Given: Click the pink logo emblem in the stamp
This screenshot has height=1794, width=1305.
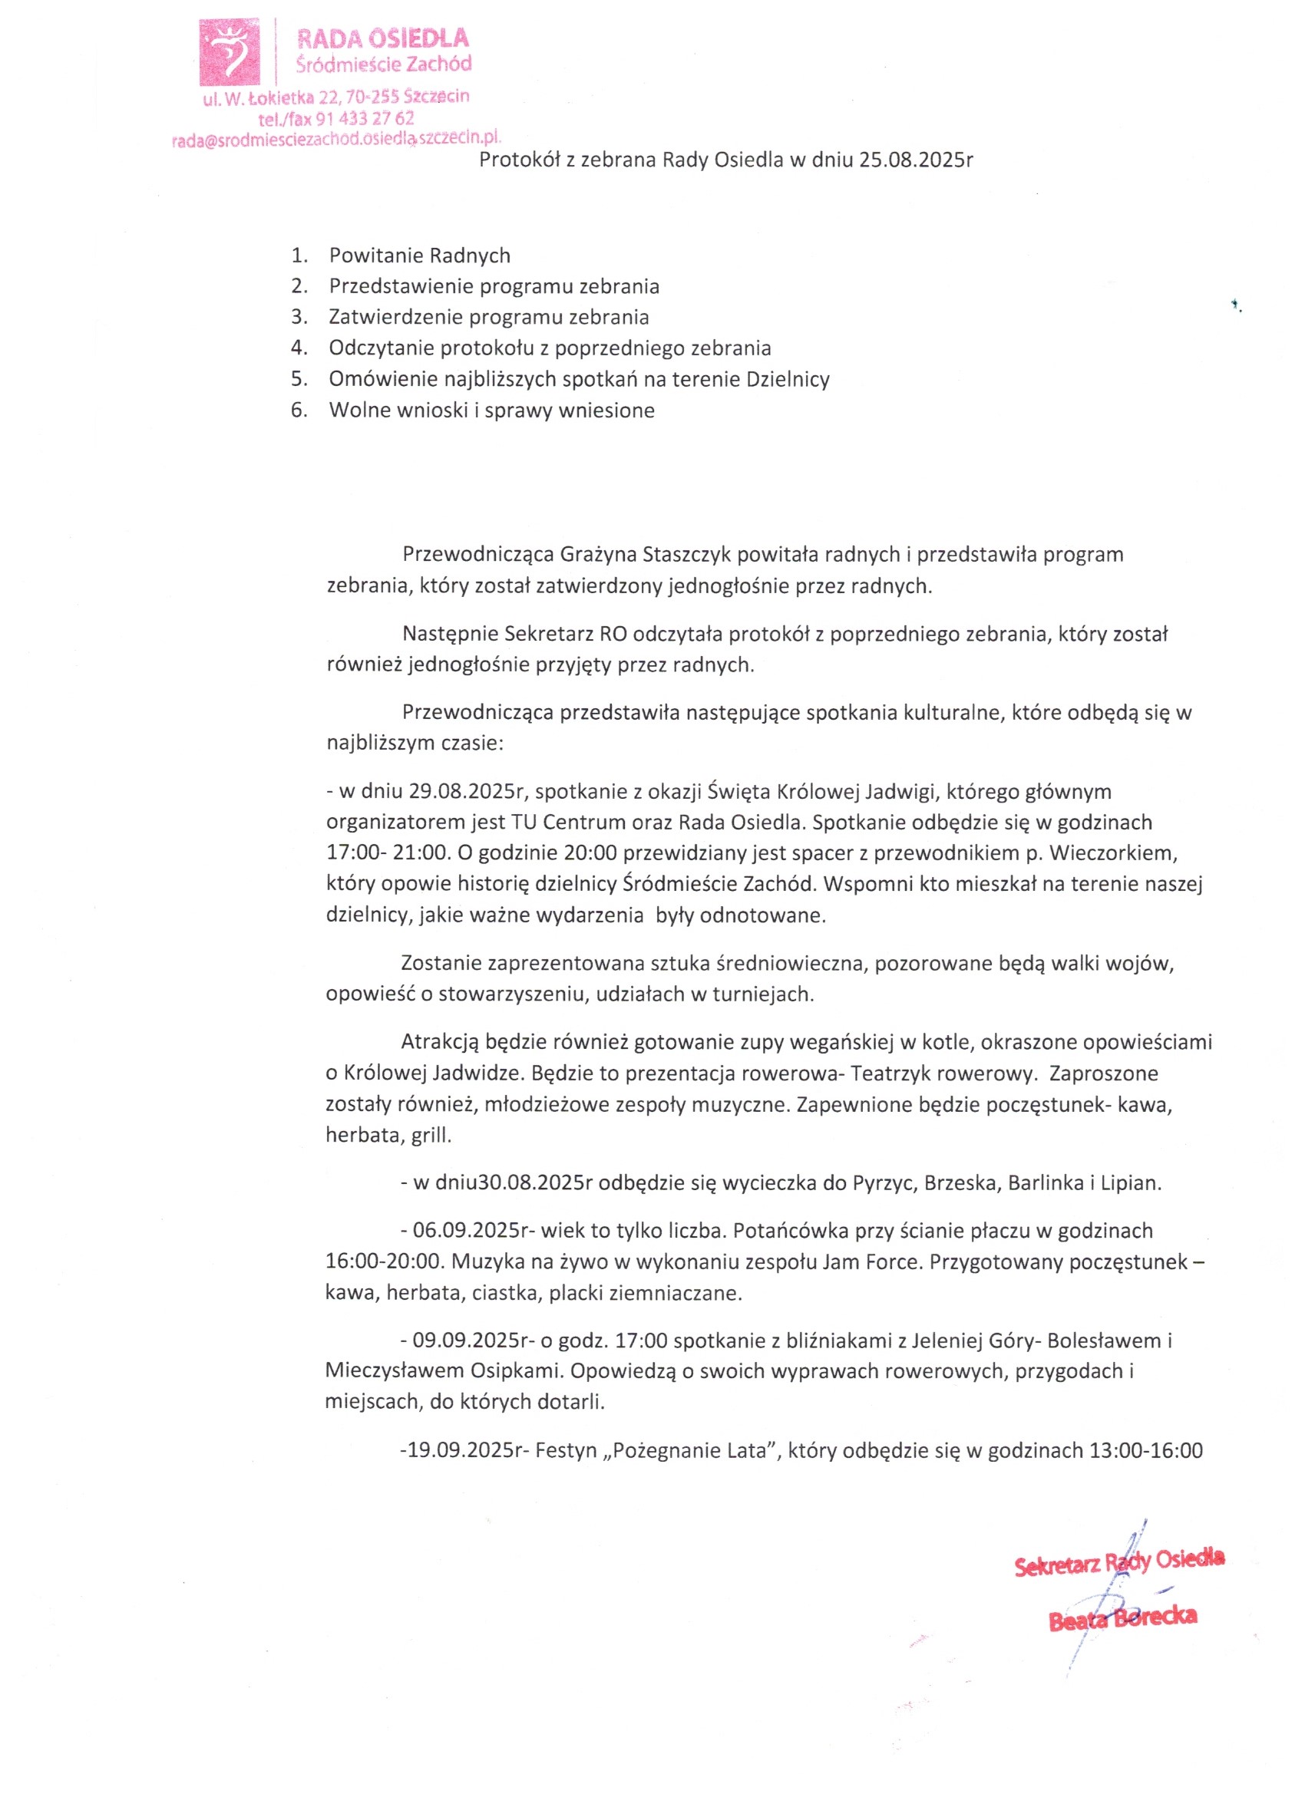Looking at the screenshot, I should [229, 52].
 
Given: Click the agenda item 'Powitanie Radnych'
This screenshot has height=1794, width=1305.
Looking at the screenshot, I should [419, 256].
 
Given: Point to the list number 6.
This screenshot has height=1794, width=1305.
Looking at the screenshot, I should [299, 411].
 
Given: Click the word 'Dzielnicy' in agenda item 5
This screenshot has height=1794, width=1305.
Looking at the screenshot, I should [788, 380].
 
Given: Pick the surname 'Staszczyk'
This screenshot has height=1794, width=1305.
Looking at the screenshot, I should [687, 554].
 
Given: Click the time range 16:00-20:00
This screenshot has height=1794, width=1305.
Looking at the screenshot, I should [377, 1262].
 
